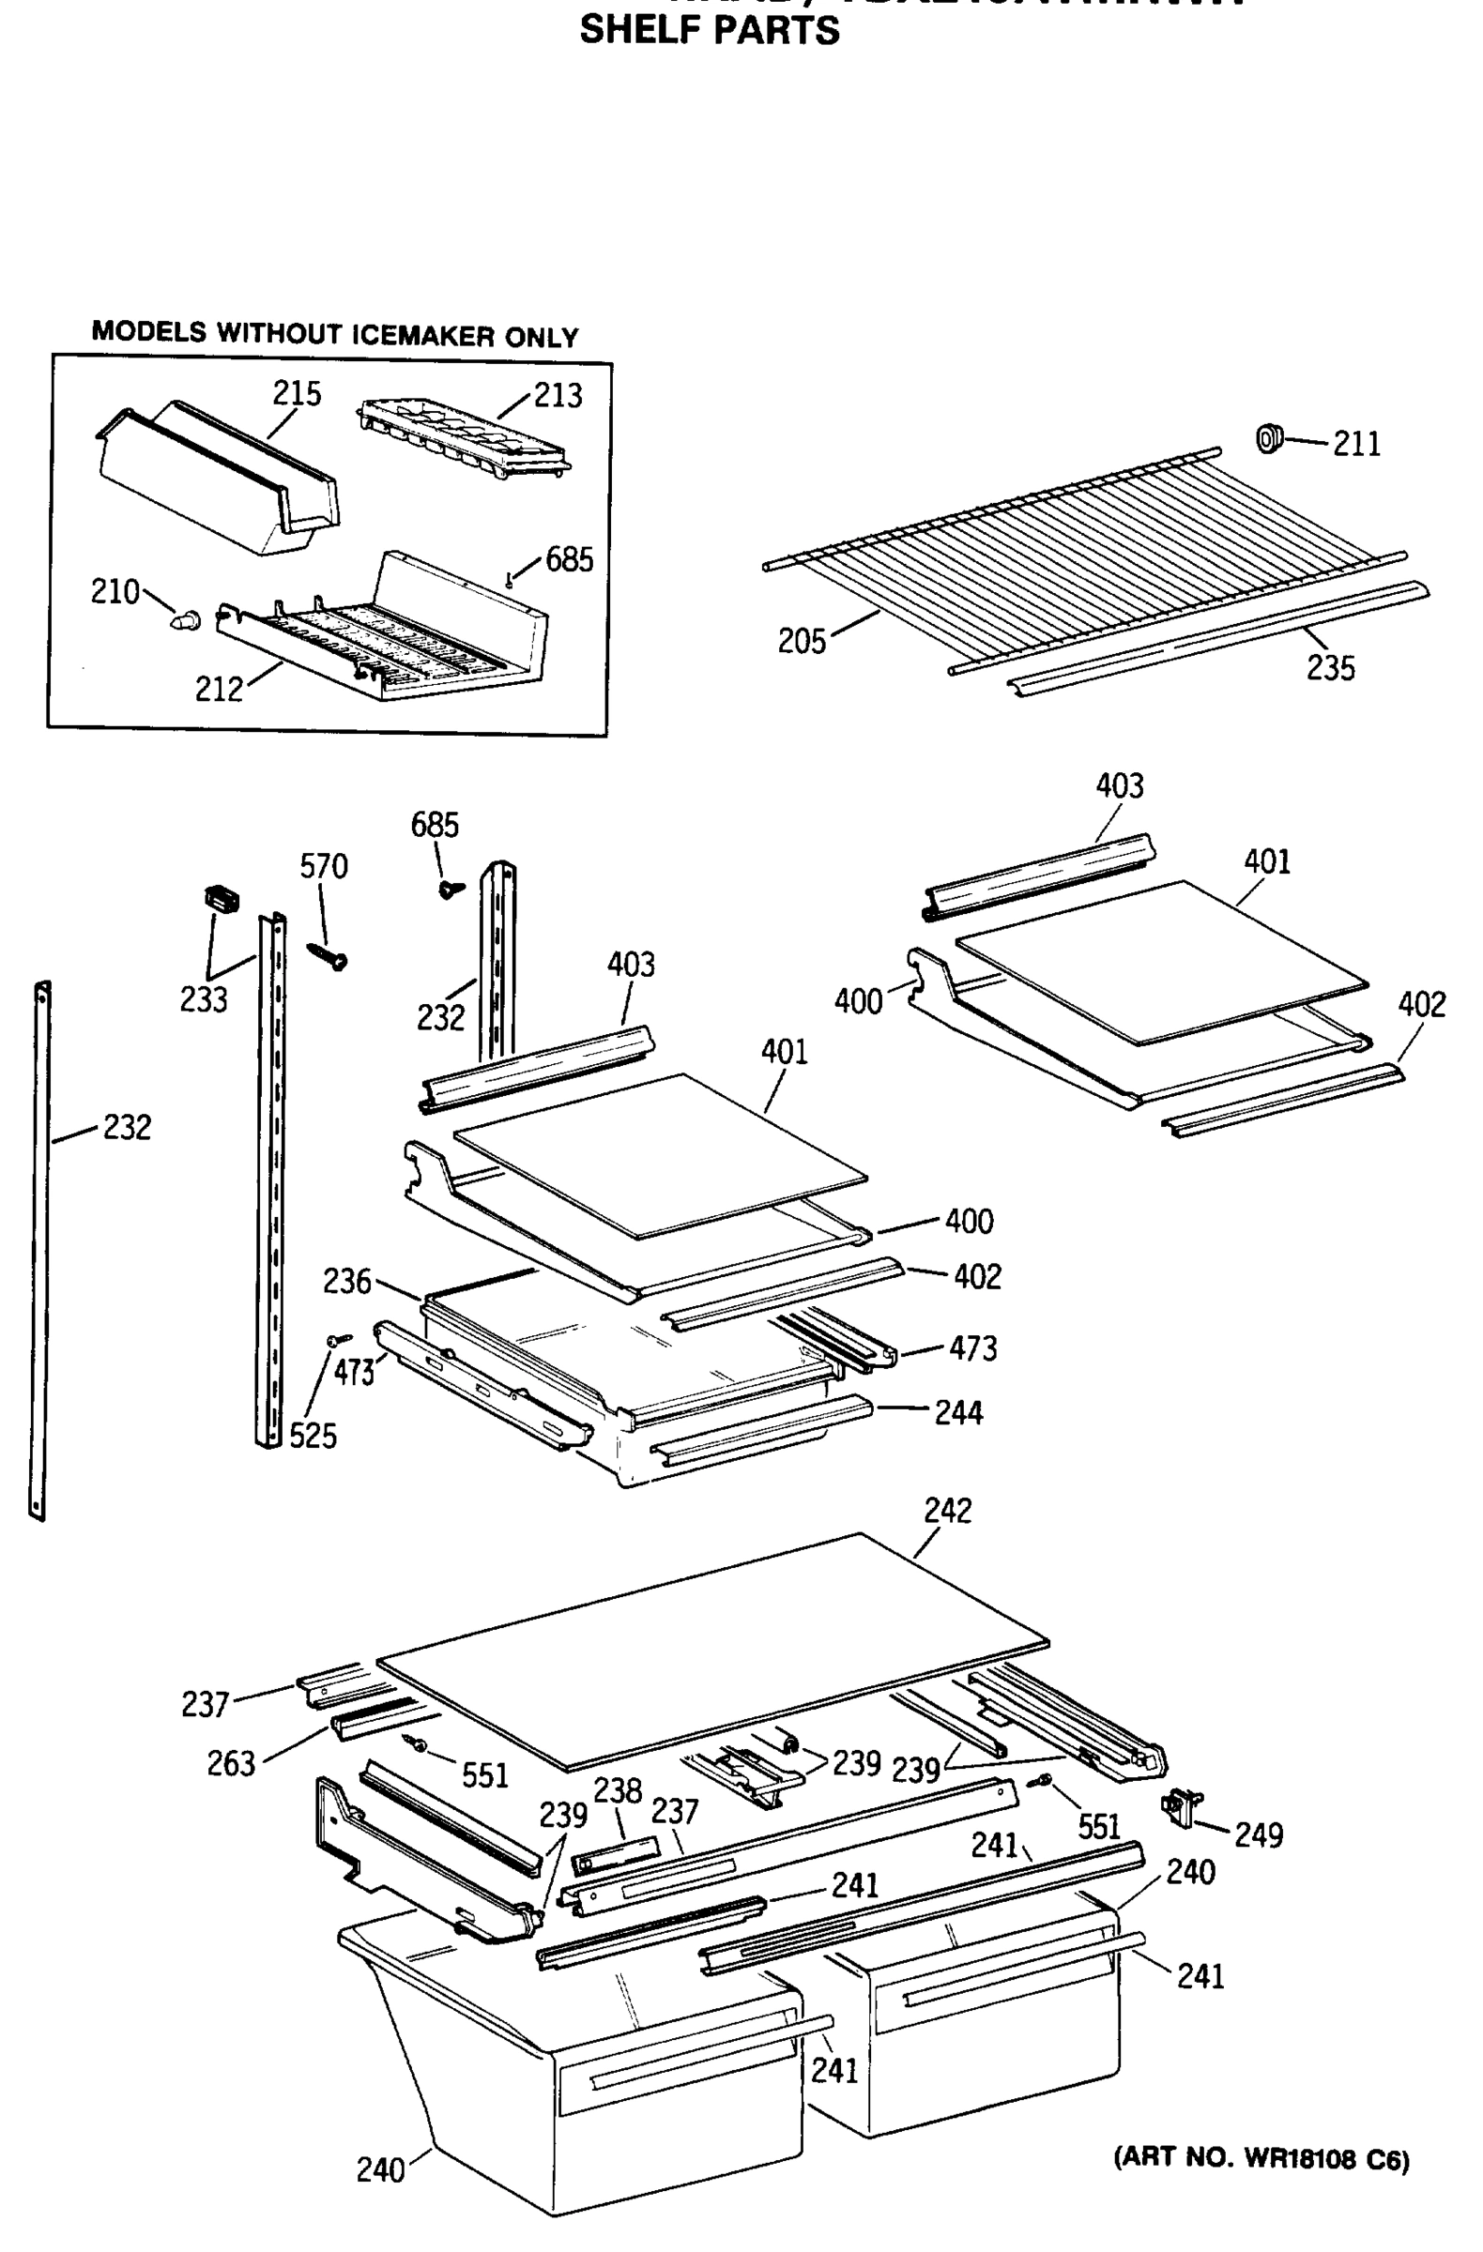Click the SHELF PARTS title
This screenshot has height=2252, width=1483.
tap(709, 30)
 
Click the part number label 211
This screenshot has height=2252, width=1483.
tap(1356, 444)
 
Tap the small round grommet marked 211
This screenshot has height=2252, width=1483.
tap(1268, 438)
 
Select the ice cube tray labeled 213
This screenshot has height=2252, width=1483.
tap(465, 436)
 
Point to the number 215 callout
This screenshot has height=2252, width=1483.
tap(298, 393)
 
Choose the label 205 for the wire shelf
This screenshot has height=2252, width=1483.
tap(802, 642)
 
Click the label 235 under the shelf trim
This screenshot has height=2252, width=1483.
tap(1330, 668)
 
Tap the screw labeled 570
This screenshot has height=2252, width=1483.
tap(329, 955)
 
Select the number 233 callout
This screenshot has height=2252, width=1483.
tap(204, 999)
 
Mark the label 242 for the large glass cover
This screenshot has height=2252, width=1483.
tap(947, 1510)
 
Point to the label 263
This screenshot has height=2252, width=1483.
tap(231, 1764)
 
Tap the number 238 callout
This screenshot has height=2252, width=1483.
tap(617, 1790)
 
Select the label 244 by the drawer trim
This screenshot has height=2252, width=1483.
tap(958, 1413)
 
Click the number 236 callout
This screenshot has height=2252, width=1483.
tap(346, 1281)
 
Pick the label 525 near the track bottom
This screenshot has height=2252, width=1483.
tap(313, 1437)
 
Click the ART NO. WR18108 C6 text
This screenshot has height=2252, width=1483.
tap(1261, 2158)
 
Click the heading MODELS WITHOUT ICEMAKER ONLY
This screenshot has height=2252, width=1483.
tap(334, 334)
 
